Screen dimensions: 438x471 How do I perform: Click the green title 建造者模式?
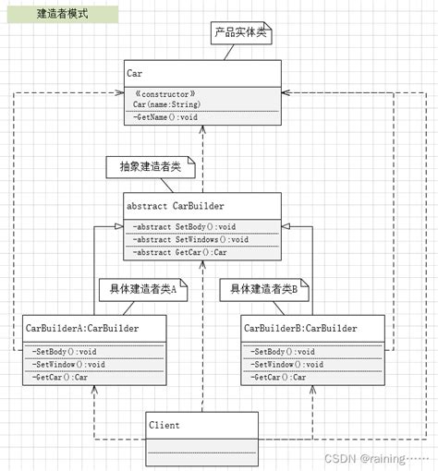coord(63,14)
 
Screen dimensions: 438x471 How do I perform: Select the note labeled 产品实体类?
coord(241,33)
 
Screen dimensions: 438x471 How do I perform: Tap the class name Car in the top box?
coord(134,73)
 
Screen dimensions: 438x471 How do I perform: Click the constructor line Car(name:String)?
coord(166,104)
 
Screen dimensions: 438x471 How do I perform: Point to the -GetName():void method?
coord(165,117)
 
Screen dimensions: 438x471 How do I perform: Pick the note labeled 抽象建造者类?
coord(151,167)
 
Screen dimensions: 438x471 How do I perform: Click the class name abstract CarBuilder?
coord(176,206)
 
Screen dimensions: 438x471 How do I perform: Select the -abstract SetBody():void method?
coord(184,227)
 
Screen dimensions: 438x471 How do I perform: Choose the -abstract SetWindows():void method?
coord(190,239)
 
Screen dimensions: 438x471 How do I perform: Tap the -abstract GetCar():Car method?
coord(179,252)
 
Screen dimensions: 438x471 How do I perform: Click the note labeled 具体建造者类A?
coord(143,290)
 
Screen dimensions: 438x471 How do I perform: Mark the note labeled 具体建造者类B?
coord(264,290)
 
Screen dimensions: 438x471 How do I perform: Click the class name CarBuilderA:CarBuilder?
coord(82,328)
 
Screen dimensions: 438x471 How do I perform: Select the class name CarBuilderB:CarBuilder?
coord(300,328)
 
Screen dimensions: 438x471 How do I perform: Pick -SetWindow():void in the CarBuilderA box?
coord(68,365)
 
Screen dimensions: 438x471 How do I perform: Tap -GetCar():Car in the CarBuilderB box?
coord(278,377)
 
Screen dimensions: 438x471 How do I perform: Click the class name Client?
coord(164,425)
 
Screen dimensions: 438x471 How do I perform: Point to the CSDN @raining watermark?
coord(377,459)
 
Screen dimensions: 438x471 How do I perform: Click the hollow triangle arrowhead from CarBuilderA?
coord(119,226)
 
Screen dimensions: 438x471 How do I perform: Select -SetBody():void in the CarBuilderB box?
coord(283,352)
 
